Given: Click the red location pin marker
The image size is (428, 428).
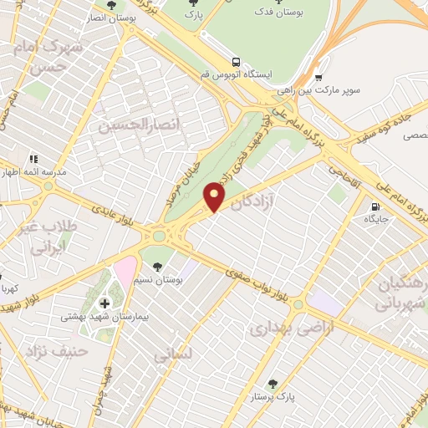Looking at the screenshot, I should (x=216, y=196).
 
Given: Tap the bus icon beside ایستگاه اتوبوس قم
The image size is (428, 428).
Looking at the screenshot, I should (x=237, y=61).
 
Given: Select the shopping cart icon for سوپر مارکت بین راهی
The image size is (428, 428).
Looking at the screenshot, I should (x=319, y=75).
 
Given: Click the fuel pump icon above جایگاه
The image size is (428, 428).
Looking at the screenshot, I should (x=374, y=206).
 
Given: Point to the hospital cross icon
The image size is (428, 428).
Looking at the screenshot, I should (x=105, y=303).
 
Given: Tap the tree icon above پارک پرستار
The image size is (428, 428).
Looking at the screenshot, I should (x=272, y=383).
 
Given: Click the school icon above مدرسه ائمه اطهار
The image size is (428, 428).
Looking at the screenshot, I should (x=33, y=159).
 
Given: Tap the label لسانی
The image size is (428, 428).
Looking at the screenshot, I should (x=173, y=354).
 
